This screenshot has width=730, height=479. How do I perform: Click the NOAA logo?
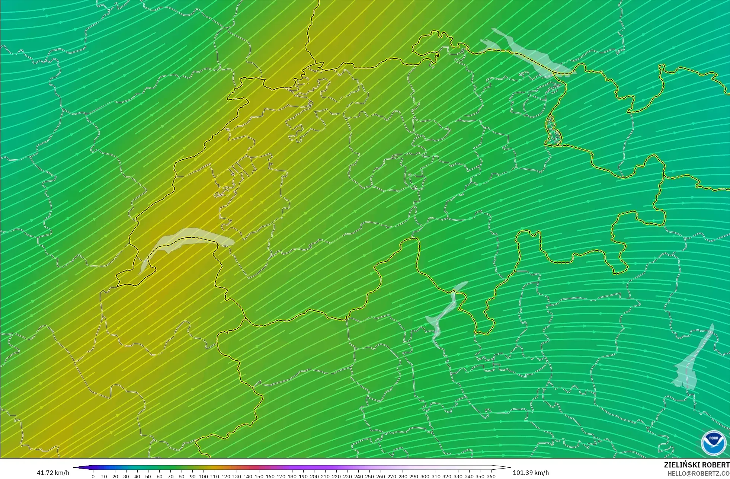click(x=714, y=443)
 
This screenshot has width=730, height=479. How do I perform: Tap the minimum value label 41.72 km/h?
click(x=53, y=473)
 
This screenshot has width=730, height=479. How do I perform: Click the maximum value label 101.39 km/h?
click(x=531, y=473)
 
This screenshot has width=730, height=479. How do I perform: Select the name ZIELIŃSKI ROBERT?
click(x=697, y=465)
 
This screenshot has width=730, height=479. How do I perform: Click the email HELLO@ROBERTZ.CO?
click(x=698, y=473)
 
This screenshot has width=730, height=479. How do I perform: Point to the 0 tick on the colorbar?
click(x=93, y=476)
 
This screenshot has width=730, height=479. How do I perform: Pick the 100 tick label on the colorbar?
click(x=204, y=476)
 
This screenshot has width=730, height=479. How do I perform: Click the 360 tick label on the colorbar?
click(x=491, y=476)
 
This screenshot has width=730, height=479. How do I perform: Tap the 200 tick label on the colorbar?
click(x=314, y=476)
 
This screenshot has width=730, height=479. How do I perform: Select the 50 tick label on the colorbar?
click(x=148, y=476)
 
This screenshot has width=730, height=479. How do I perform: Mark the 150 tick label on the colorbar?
click(x=259, y=476)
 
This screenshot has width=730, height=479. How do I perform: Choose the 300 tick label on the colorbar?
click(x=425, y=476)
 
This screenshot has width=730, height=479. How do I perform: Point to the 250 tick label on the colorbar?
click(x=369, y=476)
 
